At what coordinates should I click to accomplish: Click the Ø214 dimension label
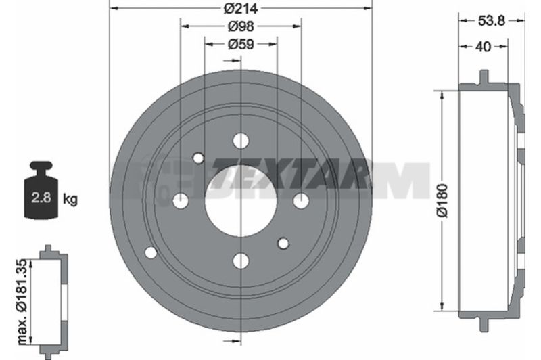click(241, 8)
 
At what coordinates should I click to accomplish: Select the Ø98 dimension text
click(241, 26)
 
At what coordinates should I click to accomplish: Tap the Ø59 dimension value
click(241, 44)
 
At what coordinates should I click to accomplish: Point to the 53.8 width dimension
click(492, 21)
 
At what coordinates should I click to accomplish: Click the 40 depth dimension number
click(484, 47)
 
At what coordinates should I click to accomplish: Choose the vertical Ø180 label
click(442, 201)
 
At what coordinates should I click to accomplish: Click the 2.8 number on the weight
click(41, 198)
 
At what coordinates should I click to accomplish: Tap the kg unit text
click(70, 199)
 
